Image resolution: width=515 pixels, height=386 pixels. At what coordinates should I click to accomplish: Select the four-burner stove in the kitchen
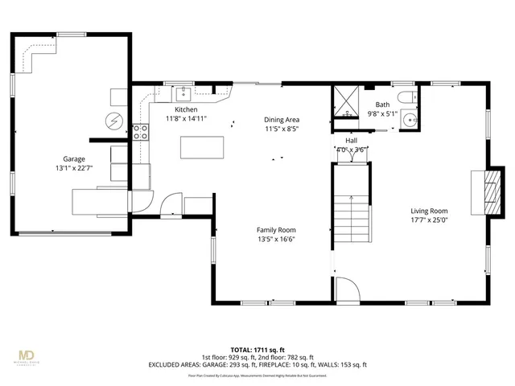(x=140, y=132)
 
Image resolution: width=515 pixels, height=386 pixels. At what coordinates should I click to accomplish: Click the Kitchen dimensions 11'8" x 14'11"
(x=186, y=118)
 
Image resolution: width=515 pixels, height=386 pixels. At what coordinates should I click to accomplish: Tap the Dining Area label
(x=281, y=120)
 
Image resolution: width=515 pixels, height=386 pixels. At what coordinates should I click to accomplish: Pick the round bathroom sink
(x=411, y=121)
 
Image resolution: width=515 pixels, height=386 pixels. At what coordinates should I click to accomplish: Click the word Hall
(x=351, y=140)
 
